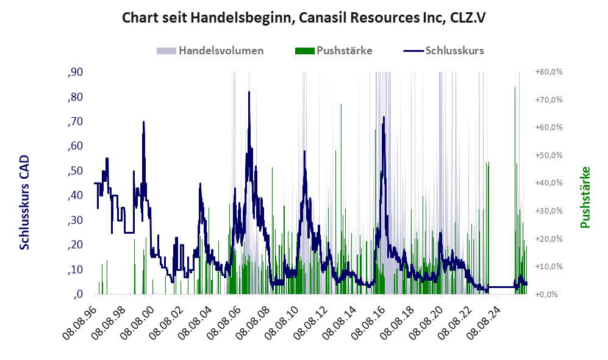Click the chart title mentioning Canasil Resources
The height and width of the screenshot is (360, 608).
[x=304, y=18]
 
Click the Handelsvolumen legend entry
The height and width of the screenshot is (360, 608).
[x=210, y=51]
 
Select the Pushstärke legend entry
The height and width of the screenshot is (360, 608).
[x=334, y=51]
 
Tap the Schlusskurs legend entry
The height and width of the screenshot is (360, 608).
[x=443, y=51]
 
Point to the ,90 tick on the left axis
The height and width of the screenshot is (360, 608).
[x=75, y=72]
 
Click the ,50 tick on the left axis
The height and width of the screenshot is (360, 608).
[x=75, y=171]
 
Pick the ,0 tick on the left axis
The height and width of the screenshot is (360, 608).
[x=77, y=295]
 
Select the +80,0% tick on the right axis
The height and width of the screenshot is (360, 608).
[x=549, y=72]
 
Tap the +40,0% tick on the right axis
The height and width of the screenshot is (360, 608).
[x=549, y=183]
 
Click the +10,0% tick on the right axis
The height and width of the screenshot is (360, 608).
[x=549, y=267]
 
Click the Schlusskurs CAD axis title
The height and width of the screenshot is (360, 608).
[x=24, y=203]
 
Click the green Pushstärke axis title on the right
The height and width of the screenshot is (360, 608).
[x=585, y=197]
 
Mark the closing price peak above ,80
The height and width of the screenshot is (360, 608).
[x=249, y=92]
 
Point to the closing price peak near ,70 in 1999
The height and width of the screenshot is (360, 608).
[x=143, y=122]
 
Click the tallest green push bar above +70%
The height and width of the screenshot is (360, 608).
[x=515, y=88]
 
